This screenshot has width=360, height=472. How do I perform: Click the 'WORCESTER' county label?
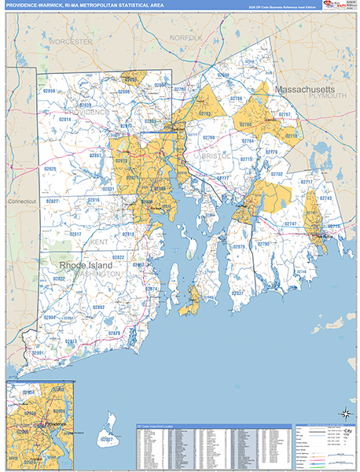(70, 41)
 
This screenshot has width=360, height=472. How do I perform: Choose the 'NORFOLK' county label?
(186, 38)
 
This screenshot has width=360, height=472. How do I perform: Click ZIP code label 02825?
(50, 169)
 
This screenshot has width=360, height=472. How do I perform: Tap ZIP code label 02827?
(52, 201)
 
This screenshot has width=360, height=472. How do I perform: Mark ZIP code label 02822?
(118, 257)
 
